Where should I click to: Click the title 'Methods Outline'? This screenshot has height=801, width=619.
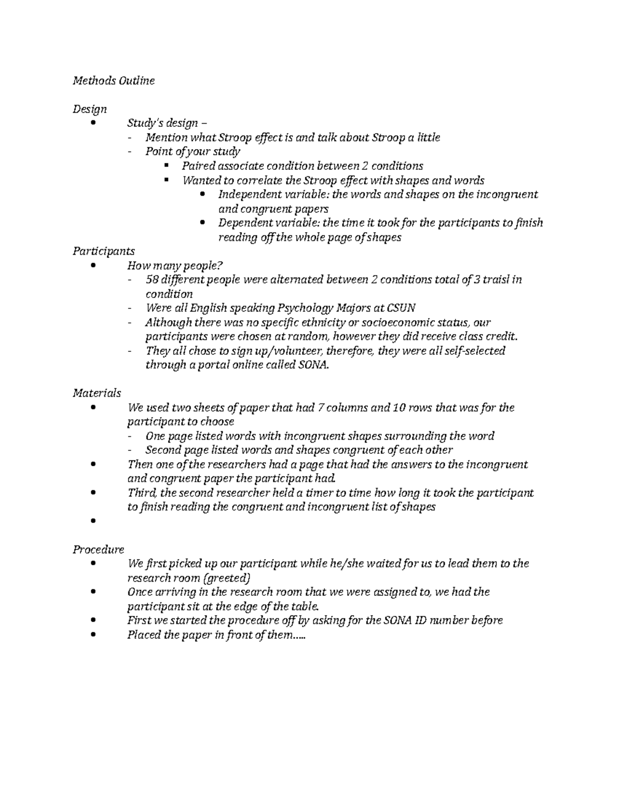pos(113,81)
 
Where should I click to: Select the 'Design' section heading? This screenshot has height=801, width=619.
pos(90,109)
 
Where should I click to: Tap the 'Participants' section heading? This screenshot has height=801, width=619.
pos(104,251)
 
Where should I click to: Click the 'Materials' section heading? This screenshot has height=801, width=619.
pos(97,393)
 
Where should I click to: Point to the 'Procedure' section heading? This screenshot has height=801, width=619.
pos(99,549)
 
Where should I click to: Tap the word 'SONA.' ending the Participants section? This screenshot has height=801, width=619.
pos(314,365)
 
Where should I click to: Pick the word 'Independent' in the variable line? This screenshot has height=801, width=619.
pos(246,194)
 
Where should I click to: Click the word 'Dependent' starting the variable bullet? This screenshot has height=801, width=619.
pos(241,223)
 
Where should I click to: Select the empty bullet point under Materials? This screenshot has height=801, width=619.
pos(93,521)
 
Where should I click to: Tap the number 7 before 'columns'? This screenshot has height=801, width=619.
pos(321,407)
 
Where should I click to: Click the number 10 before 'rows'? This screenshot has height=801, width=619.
pos(399,407)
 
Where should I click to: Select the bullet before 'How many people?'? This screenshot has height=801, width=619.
pos(93,266)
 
